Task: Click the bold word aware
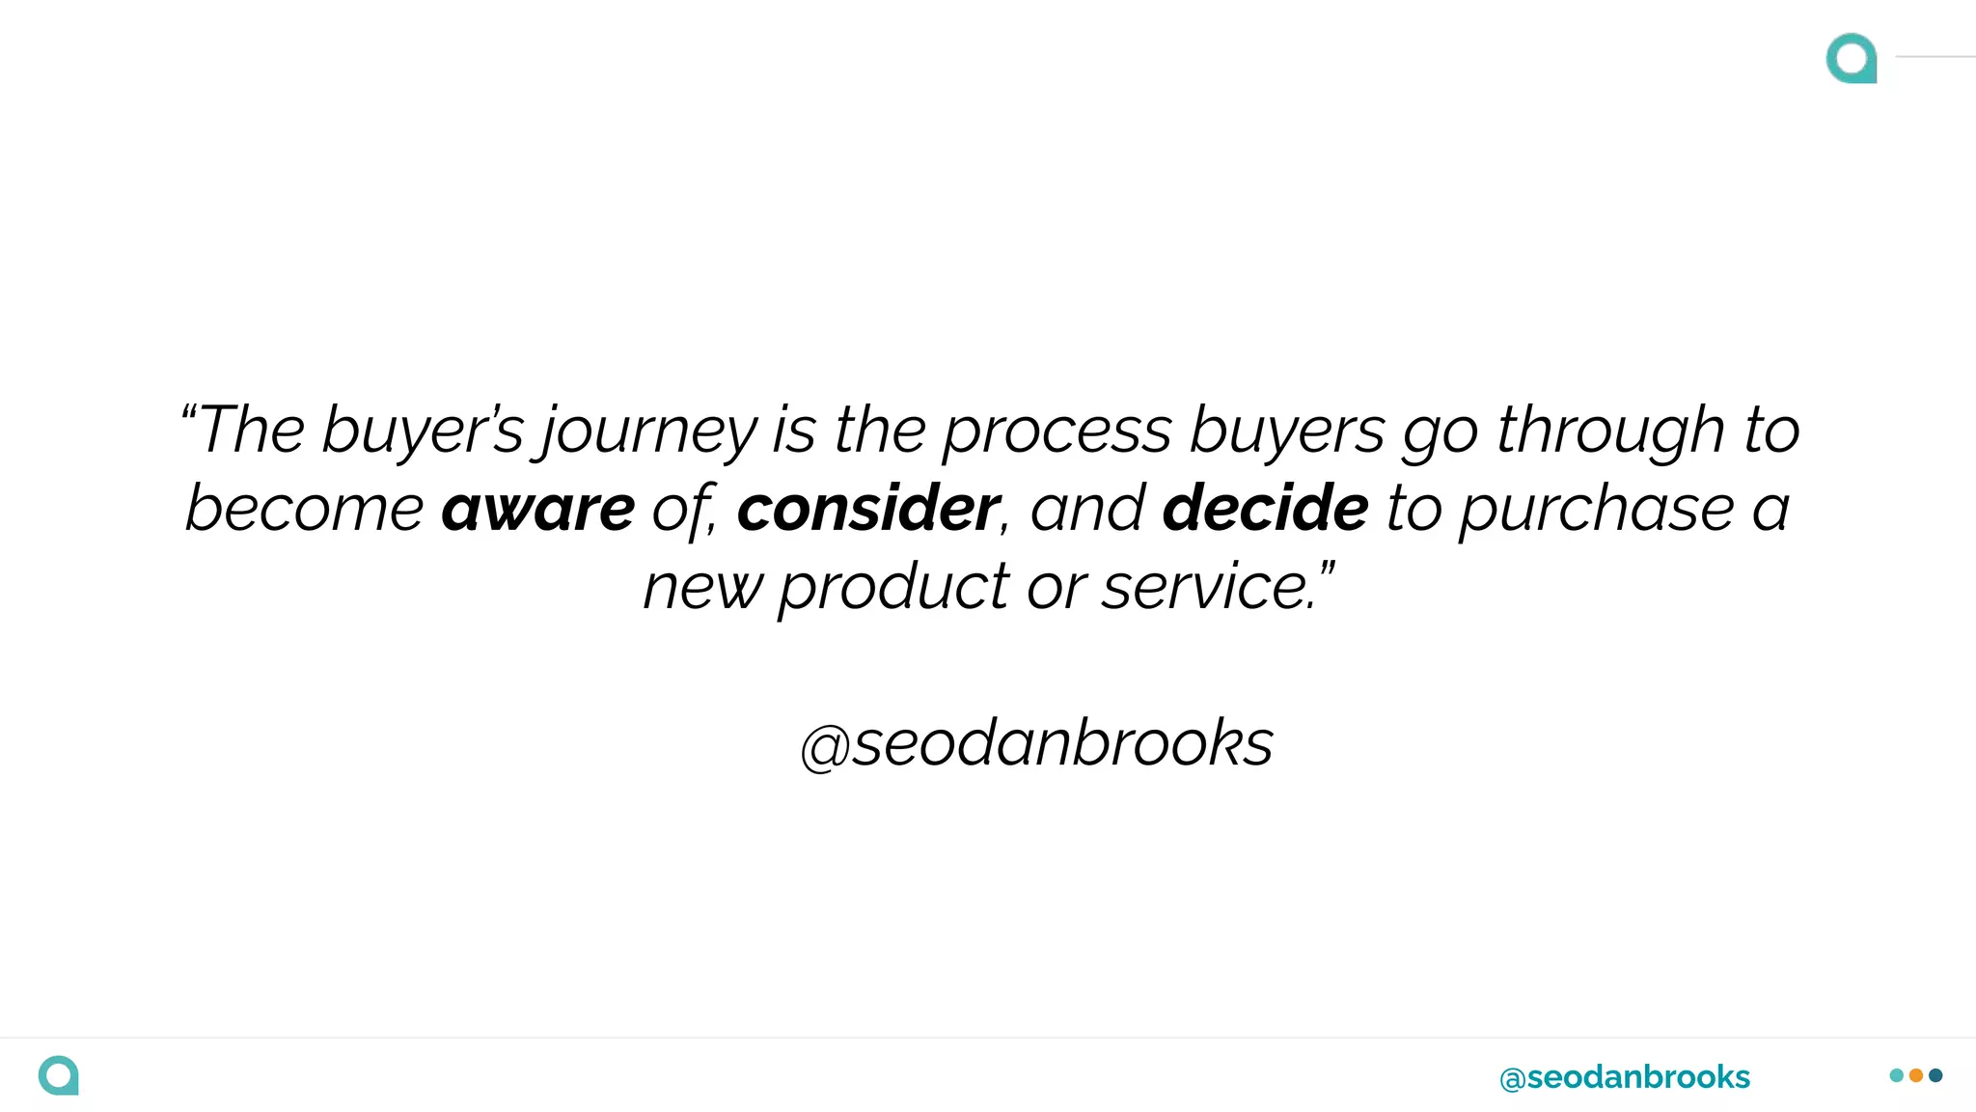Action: pyautogui.click(x=537, y=509)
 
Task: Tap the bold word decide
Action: pyautogui.click(x=1265, y=509)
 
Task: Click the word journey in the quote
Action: pyautogui.click(x=649, y=431)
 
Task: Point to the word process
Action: pyautogui.click(x=1057, y=431)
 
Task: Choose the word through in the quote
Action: pyautogui.click(x=1609, y=431)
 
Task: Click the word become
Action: pyautogui.click(x=304, y=509)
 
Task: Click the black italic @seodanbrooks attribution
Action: pyautogui.click(x=1036, y=744)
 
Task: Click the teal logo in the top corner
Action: pyautogui.click(x=1851, y=58)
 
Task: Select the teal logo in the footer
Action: pyautogui.click(x=58, y=1075)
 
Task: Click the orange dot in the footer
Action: pyautogui.click(x=1916, y=1075)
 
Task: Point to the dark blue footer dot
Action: pyautogui.click(x=1935, y=1075)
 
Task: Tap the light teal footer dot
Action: pyautogui.click(x=1897, y=1075)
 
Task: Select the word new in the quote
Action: pyautogui.click(x=701, y=588)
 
